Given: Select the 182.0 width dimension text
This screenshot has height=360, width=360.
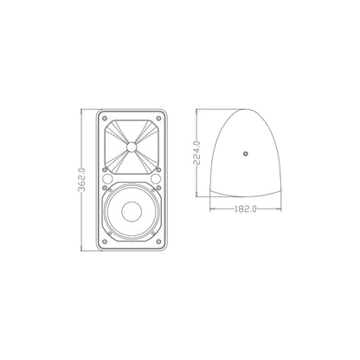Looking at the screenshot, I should [246, 209].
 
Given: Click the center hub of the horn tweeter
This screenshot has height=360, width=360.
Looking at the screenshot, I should [132, 147].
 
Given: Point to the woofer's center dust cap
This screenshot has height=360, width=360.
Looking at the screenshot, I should [132, 212].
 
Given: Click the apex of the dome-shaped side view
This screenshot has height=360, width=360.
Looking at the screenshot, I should [246, 110].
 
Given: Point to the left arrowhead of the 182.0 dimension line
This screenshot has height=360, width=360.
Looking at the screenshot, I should [210, 209].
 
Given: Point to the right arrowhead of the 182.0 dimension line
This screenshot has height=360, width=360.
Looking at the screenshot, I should [282, 209].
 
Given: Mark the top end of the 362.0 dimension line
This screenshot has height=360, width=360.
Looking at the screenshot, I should [83, 110].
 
